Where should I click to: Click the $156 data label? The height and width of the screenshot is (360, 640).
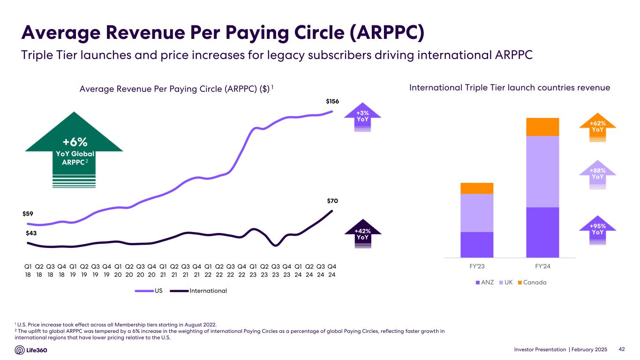pyautogui.click(x=332, y=101)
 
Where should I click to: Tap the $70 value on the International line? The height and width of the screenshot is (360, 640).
pyautogui.click(x=332, y=201)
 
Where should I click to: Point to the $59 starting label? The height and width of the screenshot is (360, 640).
pyautogui.click(x=28, y=214)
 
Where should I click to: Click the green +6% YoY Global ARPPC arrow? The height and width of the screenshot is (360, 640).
pyautogui.click(x=74, y=145)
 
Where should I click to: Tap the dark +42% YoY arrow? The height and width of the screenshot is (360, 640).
pyautogui.click(x=362, y=233)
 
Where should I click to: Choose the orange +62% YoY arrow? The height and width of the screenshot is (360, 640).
pyautogui.click(x=597, y=127)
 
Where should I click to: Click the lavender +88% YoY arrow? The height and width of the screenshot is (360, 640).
pyautogui.click(x=597, y=174)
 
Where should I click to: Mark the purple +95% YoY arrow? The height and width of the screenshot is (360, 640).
pyautogui.click(x=597, y=229)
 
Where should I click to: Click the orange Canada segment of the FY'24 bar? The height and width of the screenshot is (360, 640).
pyautogui.click(x=543, y=127)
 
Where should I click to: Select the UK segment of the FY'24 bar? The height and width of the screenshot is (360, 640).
pyautogui.click(x=543, y=171)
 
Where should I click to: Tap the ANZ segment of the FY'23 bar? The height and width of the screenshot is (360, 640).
pyautogui.click(x=477, y=244)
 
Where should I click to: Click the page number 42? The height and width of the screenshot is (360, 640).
pyautogui.click(x=622, y=349)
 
